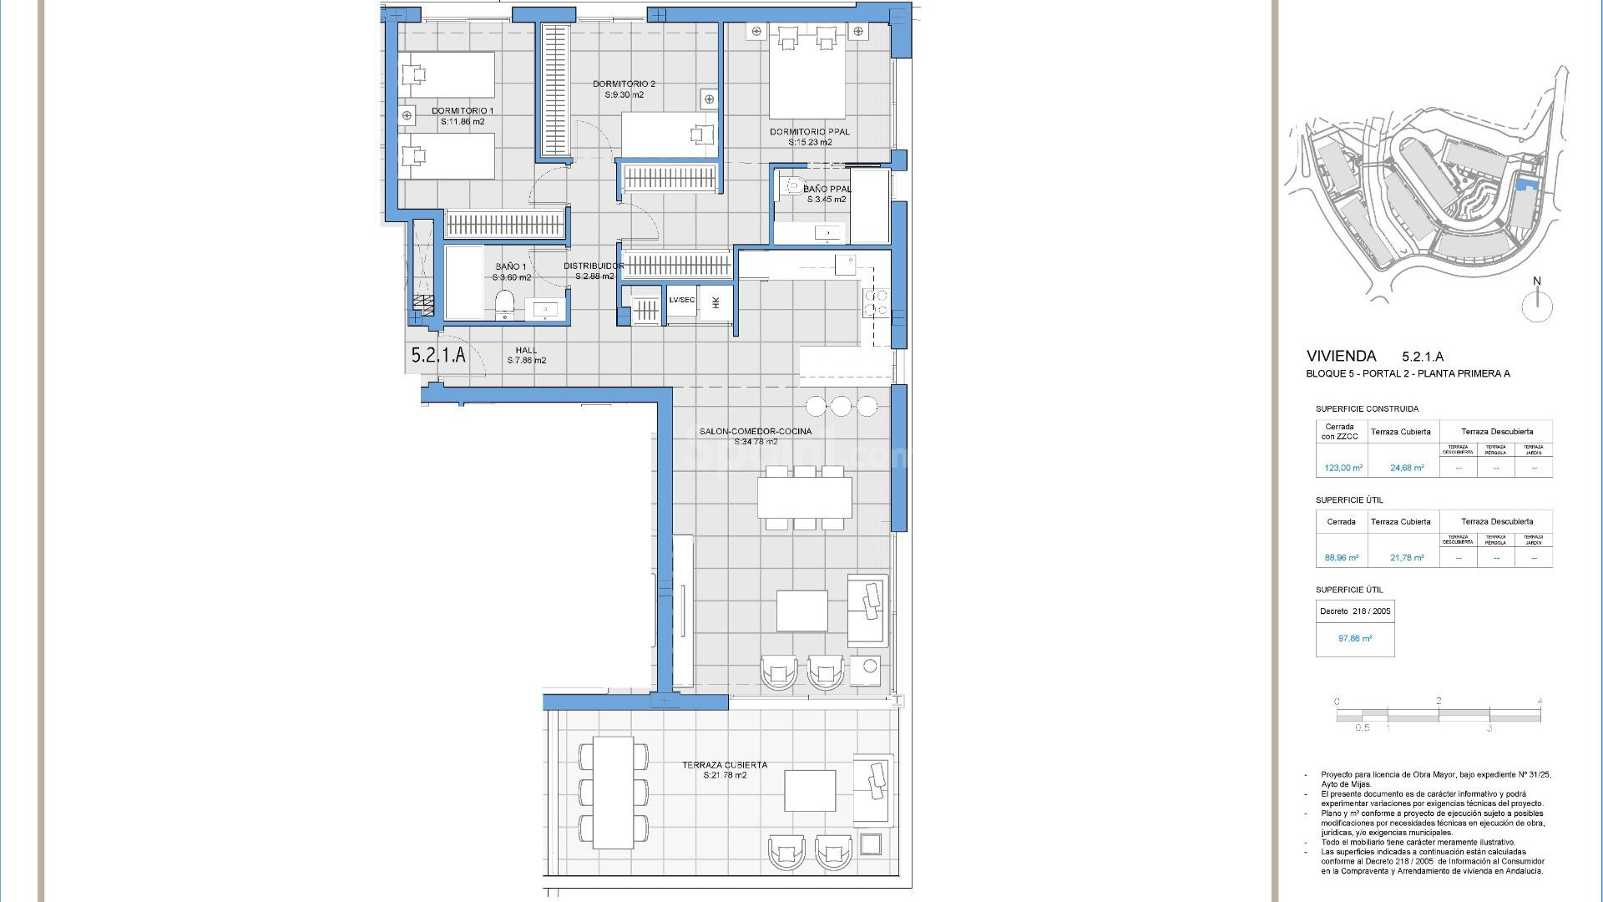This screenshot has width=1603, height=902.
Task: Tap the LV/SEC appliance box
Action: (x=681, y=301)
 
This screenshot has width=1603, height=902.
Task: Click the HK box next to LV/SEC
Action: (x=716, y=302)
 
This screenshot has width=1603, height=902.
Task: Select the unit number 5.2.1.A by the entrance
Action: (x=437, y=355)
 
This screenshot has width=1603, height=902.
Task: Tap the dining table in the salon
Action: (x=804, y=498)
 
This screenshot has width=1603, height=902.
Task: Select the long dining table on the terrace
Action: (x=613, y=792)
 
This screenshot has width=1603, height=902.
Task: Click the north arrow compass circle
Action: (x=1536, y=307)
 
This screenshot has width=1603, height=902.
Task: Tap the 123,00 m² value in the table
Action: (x=1343, y=468)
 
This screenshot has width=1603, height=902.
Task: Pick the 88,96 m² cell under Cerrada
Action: (x=1341, y=558)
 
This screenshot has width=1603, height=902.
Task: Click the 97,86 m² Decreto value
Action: (x=1354, y=638)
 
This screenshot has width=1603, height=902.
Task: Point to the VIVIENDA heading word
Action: (x=1341, y=357)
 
